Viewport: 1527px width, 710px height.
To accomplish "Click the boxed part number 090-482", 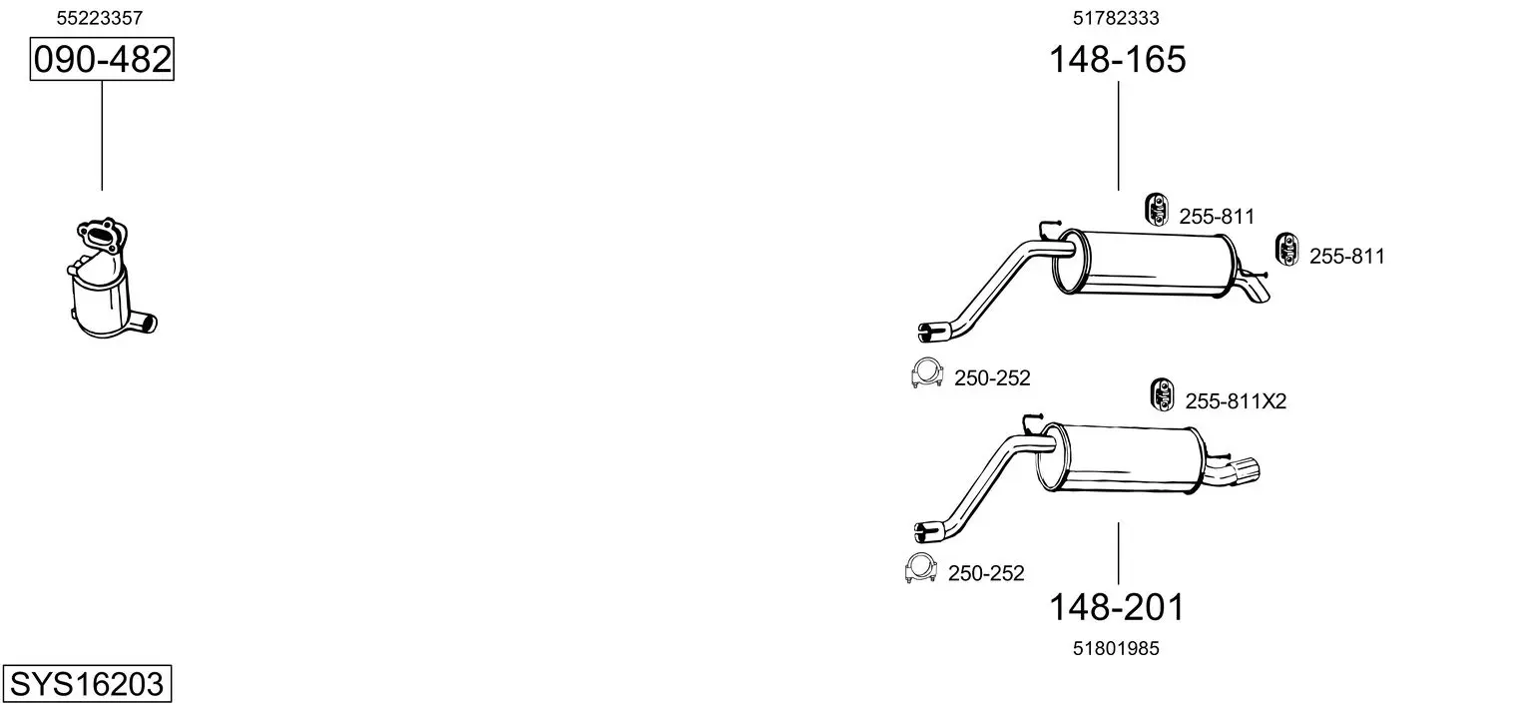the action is [102, 59].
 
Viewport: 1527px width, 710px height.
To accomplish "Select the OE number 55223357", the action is [100, 18].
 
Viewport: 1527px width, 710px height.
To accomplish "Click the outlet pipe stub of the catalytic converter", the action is [145, 323].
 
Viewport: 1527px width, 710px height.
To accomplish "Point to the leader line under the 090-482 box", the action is [102, 136].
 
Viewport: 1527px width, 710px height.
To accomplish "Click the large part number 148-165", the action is [1117, 59].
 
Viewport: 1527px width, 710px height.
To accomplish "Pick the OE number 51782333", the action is [1116, 18].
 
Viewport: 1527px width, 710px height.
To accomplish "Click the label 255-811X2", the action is [1236, 401].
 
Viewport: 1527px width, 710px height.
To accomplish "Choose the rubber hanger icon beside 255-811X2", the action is [1162, 394].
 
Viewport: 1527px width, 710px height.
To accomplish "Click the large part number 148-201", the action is [1117, 607].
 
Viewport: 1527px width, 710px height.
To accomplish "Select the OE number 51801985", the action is [1116, 649].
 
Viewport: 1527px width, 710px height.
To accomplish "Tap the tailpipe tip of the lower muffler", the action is [1245, 470].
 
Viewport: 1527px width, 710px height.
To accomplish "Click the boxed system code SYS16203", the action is [87, 684].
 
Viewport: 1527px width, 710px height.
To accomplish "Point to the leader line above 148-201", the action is [1118, 553].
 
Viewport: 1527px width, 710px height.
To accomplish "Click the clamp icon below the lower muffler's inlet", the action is [920, 567].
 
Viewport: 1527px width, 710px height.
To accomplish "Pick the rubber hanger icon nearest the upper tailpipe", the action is [1287, 249].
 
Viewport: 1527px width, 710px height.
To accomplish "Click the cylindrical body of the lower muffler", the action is [1122, 458].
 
